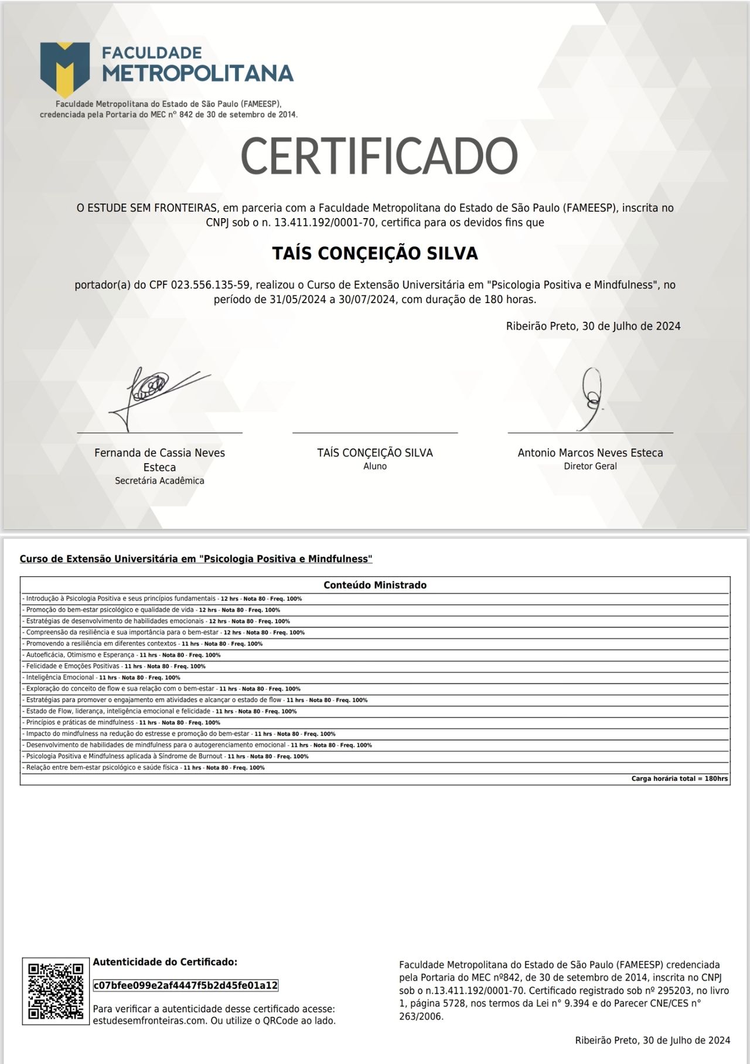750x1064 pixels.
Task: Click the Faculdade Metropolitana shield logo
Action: point(65,69)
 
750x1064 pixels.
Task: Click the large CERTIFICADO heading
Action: point(379,156)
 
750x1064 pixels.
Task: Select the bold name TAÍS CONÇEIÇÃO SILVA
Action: point(375,253)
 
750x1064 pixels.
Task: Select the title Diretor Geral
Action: point(590,467)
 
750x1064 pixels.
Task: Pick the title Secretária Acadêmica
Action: point(159,481)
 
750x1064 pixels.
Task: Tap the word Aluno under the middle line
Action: point(375,467)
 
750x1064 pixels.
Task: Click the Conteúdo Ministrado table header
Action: point(375,585)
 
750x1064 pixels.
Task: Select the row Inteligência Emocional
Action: point(60,678)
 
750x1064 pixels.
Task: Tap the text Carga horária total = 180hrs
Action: point(679,779)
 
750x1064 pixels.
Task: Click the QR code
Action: point(56,991)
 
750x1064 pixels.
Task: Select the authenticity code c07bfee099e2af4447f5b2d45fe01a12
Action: point(186,985)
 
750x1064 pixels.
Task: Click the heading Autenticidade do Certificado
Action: point(165,962)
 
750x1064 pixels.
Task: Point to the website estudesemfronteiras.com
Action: point(149,1021)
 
